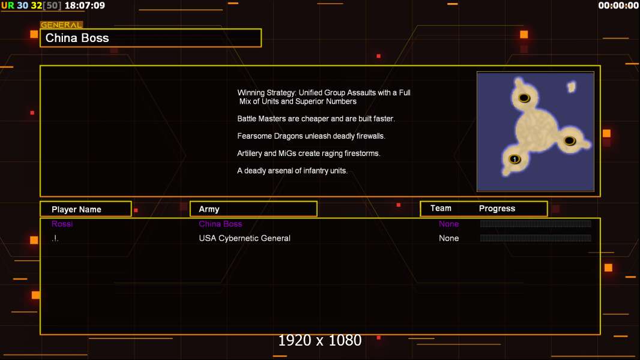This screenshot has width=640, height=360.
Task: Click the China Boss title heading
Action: click(x=77, y=38)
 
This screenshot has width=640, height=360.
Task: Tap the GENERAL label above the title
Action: click(x=61, y=25)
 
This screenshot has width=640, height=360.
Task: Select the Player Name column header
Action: click(x=76, y=209)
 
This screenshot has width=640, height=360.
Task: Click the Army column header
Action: click(x=209, y=209)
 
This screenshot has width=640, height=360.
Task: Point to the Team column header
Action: click(x=441, y=208)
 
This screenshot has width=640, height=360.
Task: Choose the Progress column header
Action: click(x=497, y=209)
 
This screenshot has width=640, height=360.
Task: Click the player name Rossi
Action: click(x=62, y=224)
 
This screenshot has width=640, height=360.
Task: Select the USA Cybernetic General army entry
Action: click(x=244, y=238)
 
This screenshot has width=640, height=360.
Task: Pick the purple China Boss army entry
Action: click(x=220, y=224)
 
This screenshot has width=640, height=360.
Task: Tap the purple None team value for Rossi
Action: click(x=448, y=224)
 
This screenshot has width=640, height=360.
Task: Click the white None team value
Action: click(x=448, y=238)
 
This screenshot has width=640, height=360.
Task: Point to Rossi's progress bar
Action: click(x=536, y=223)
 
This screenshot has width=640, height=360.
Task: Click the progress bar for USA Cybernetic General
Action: click(x=536, y=238)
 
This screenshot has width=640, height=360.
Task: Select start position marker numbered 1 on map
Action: click(x=515, y=159)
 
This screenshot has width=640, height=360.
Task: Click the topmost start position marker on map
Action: click(x=524, y=98)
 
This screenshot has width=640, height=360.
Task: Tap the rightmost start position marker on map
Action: click(x=569, y=141)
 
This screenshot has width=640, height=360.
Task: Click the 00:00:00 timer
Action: click(x=618, y=5)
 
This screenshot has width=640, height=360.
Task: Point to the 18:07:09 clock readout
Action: click(x=85, y=6)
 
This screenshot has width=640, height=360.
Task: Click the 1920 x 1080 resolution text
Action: click(x=320, y=340)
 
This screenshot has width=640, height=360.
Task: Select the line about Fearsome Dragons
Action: click(x=311, y=136)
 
